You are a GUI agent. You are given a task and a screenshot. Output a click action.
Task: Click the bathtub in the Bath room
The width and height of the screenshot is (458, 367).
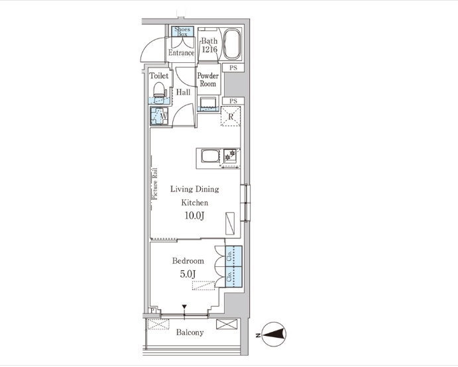click(x=232, y=44)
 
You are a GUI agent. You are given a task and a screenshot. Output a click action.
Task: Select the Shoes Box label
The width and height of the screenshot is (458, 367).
click(x=182, y=32)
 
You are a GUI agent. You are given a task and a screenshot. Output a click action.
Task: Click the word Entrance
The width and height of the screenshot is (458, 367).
click(x=181, y=53)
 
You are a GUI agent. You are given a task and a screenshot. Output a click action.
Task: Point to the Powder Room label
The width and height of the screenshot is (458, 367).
click(x=207, y=79)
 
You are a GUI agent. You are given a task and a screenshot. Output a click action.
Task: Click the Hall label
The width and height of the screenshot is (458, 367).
click(x=183, y=92)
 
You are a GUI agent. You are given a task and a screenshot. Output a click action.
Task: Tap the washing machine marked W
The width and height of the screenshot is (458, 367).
click(x=159, y=116)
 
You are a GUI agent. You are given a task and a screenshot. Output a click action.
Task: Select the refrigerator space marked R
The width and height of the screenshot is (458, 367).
click(x=231, y=117)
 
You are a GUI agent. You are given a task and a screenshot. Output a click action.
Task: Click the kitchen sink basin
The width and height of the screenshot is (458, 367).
click(x=210, y=156)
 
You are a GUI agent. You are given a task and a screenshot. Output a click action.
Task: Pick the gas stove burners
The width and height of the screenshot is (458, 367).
click(x=230, y=155)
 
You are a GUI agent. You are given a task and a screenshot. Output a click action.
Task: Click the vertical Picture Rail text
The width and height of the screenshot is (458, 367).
click(x=154, y=183)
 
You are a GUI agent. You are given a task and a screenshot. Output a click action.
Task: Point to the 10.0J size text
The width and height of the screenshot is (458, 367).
click(x=194, y=216)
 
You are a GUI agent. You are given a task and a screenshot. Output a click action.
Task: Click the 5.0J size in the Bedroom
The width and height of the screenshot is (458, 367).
click(x=188, y=274)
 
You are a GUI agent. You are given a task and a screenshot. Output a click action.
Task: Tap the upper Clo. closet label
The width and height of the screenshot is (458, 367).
click(x=229, y=256)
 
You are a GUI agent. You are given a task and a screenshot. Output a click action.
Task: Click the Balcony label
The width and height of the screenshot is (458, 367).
click(x=190, y=333)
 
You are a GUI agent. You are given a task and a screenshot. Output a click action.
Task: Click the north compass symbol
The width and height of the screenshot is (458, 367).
click(x=274, y=335)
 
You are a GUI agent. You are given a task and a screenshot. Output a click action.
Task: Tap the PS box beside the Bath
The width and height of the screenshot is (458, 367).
click(x=233, y=68)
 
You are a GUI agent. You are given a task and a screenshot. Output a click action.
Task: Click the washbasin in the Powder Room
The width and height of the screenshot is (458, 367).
click(x=208, y=103)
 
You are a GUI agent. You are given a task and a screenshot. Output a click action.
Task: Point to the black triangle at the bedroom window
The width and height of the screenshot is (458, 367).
click(x=184, y=307)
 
